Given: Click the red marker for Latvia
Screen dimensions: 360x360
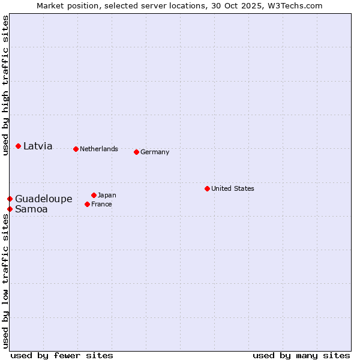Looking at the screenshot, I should click(x=19, y=146).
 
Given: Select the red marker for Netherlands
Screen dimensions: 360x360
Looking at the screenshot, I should click(x=76, y=149).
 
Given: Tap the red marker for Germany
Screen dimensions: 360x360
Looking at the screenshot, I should click(x=136, y=152).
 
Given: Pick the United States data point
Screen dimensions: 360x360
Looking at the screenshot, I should click(x=207, y=188).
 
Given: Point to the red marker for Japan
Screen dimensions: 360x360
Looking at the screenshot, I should click(x=94, y=195).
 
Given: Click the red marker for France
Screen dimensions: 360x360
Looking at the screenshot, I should click(x=87, y=204).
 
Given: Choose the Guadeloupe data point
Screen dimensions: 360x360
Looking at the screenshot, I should click(x=10, y=199).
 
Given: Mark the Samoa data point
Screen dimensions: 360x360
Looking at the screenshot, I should click(x=10, y=209).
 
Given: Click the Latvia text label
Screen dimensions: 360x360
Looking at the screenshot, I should click(x=38, y=146).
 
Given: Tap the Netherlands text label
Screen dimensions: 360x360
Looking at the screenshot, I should click(x=99, y=149).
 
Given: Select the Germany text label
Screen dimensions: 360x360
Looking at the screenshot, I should click(x=155, y=152).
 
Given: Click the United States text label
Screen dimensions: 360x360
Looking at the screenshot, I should click(x=233, y=188).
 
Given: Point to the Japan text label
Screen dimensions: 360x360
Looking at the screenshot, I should click(x=107, y=195).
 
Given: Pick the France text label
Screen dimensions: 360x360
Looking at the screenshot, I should click(x=101, y=204).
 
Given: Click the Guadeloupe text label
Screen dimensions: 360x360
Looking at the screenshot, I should click(x=44, y=199).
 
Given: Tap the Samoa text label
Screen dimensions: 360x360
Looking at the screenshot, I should click(x=31, y=209).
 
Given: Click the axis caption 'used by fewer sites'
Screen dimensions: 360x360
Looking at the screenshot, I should click(x=62, y=355).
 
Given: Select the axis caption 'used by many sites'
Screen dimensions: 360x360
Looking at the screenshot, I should click(x=301, y=355).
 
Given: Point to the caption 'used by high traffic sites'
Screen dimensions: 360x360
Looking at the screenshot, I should click(x=5, y=86).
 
